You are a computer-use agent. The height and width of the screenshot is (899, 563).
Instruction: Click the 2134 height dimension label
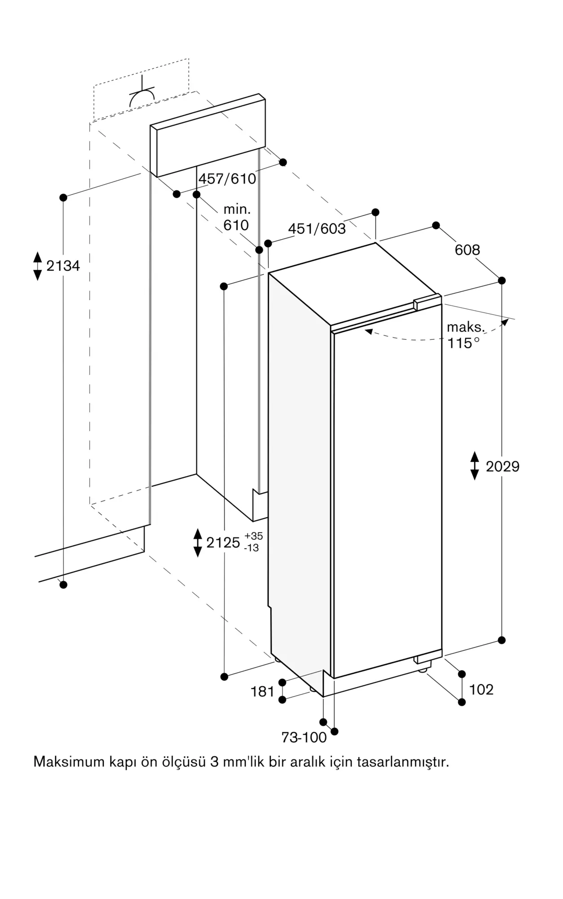tap(63, 266)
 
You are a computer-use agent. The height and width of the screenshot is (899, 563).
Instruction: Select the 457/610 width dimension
tap(227, 178)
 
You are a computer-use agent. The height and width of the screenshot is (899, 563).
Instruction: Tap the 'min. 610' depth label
tap(237, 217)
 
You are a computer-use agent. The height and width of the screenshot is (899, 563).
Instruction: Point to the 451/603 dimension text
tap(317, 229)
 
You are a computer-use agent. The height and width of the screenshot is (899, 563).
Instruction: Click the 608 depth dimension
tap(467, 249)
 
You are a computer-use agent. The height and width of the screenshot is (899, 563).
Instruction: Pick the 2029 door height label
tap(502, 466)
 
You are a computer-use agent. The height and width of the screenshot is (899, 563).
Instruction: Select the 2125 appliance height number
tap(223, 543)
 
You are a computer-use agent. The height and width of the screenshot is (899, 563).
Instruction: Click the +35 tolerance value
tap(254, 536)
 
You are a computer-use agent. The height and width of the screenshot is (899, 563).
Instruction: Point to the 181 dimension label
tap(262, 691)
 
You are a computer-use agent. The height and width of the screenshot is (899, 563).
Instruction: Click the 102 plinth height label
tap(481, 689)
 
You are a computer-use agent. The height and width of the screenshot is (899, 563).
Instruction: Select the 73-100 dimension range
tap(304, 738)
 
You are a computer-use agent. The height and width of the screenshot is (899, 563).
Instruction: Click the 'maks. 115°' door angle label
tap(465, 335)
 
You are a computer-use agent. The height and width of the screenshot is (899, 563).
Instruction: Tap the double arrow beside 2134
tap(38, 266)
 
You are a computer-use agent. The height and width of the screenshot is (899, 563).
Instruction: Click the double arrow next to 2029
tap(475, 466)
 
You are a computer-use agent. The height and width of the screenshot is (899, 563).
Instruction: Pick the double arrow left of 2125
tap(198, 543)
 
